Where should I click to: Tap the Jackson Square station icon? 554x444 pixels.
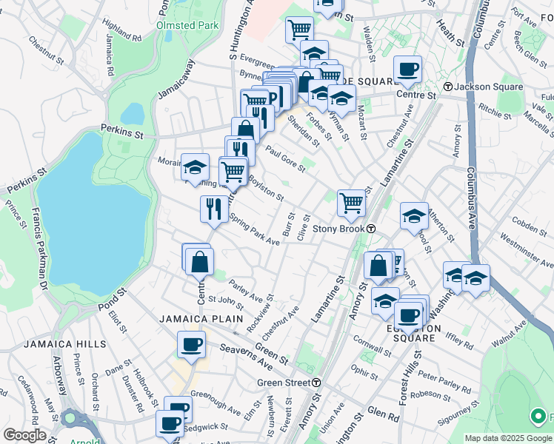[448, 87]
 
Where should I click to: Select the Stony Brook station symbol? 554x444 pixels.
[370, 229]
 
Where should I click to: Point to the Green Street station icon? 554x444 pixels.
[316, 383]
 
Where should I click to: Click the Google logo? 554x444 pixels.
[24, 435]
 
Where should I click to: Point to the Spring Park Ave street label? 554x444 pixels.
[255, 230]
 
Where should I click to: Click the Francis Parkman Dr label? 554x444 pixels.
[37, 249]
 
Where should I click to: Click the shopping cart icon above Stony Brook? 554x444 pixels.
[351, 202]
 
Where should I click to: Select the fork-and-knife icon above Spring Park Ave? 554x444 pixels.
[213, 208]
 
